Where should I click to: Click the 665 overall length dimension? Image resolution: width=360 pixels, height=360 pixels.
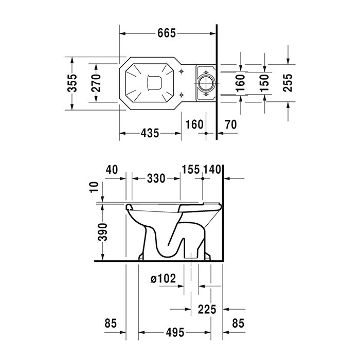point(167,33)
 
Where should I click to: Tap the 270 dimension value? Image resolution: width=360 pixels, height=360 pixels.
point(96,83)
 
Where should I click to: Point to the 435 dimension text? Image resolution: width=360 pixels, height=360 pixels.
point(150,133)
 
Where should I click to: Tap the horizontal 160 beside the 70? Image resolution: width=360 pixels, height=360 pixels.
point(194,124)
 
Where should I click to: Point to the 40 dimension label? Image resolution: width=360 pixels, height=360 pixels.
point(112,170)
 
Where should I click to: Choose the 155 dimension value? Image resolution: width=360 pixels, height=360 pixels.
point(191,170)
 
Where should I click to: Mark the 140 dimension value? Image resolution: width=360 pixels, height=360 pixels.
point(212,170)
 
